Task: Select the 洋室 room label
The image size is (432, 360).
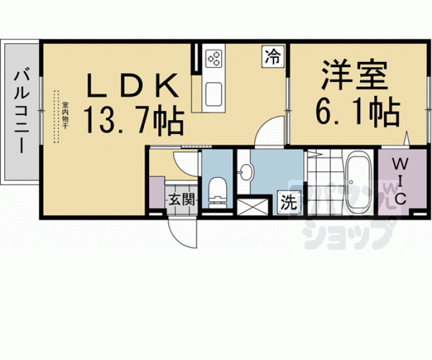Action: point(354,76)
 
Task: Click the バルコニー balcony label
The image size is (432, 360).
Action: point(20,113)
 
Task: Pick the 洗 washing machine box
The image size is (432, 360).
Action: point(288,202)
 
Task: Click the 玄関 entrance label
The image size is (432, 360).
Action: point(182,200)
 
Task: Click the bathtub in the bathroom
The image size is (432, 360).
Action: point(359,182)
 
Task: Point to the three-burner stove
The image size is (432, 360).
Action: point(215,58)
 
